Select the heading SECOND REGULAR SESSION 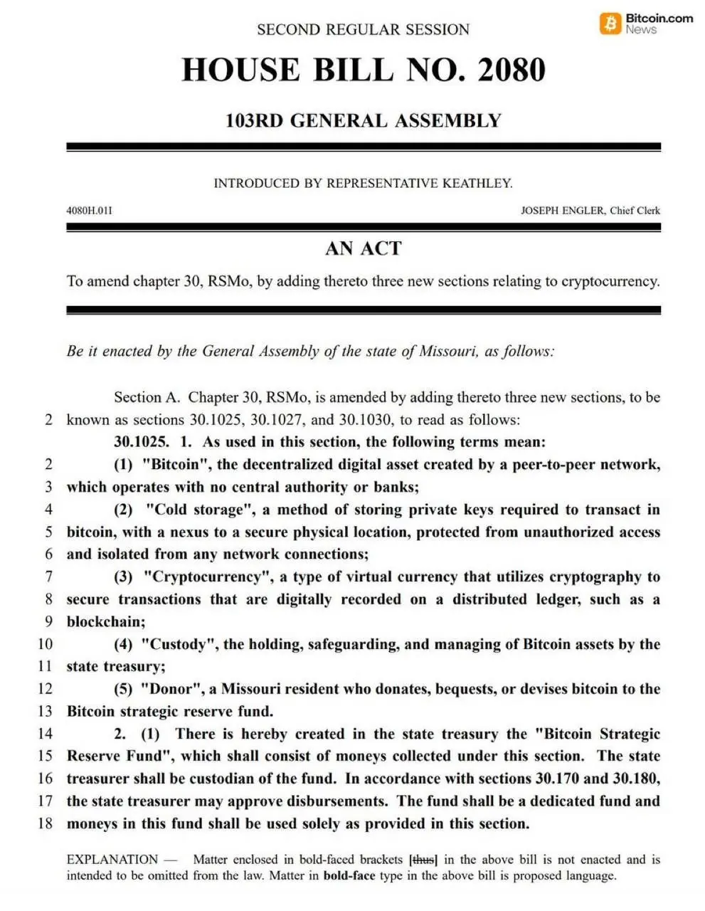click(x=363, y=30)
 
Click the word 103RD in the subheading click(x=254, y=120)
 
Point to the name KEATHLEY click(x=477, y=183)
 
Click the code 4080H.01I click(x=89, y=211)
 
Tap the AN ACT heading click(x=363, y=248)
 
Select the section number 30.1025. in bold click(x=141, y=442)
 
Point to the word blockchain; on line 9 click(x=106, y=621)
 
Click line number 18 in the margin click(x=45, y=823)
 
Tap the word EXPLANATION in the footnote click(x=112, y=860)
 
